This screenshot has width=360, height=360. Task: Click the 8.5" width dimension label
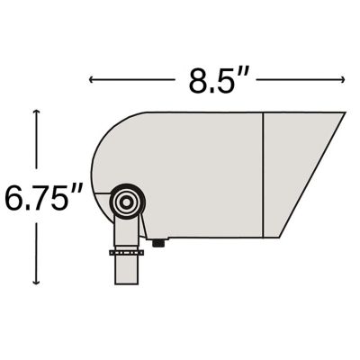click(217, 80)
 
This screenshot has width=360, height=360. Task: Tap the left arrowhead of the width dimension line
click(92, 80)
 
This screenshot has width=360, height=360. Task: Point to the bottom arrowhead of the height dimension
click(36, 282)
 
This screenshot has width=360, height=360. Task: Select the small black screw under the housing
click(159, 241)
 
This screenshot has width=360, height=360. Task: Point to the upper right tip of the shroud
click(344, 113)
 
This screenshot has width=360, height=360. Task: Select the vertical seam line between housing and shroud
click(262, 175)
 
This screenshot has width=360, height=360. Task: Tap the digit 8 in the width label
click(198, 80)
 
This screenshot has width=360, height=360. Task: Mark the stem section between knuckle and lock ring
click(127, 234)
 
